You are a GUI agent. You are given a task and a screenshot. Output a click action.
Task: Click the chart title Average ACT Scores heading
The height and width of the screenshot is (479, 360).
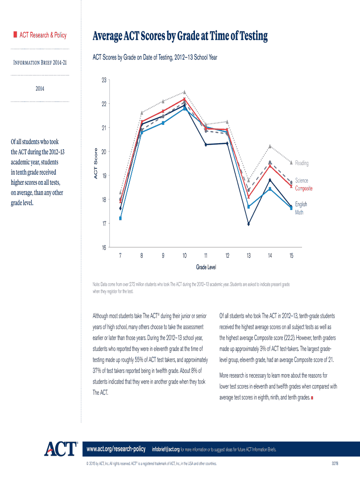click(x=180, y=36)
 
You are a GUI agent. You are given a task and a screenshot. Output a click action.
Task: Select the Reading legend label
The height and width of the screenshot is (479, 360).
click(x=302, y=163)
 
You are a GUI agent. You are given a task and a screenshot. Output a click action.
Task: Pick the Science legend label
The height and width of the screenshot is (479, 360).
click(x=302, y=181)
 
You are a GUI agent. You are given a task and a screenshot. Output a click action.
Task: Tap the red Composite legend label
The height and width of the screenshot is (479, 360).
click(x=303, y=189)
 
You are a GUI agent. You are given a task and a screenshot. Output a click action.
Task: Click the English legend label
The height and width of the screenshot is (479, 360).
click(x=301, y=204)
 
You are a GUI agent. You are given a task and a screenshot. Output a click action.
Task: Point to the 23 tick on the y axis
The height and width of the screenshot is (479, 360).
click(x=103, y=80)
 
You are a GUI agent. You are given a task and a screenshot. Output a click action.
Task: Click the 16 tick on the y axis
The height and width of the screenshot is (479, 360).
click(x=103, y=248)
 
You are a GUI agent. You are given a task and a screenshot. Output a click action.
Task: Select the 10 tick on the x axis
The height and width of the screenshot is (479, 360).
click(x=185, y=256)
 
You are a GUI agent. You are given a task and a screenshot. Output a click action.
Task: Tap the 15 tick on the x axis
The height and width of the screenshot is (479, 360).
click(x=291, y=256)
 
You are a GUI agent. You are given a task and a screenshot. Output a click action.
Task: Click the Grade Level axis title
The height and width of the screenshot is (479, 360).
click(x=206, y=267)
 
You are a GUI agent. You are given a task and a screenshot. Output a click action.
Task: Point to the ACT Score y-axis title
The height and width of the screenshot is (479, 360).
click(x=95, y=163)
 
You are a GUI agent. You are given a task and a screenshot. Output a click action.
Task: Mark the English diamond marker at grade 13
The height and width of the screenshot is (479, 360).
click(x=249, y=224)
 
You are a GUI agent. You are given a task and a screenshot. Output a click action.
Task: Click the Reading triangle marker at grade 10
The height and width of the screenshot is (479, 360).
click(x=185, y=92)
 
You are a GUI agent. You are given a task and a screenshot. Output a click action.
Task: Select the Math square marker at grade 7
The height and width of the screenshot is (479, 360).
click(x=121, y=218)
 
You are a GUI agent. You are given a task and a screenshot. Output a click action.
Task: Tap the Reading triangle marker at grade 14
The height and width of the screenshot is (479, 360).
click(x=270, y=146)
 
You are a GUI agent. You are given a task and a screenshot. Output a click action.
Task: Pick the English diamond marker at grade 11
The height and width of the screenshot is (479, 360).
click(x=206, y=145)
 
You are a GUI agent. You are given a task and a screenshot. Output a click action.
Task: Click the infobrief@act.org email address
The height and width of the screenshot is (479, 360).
click(x=166, y=450)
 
